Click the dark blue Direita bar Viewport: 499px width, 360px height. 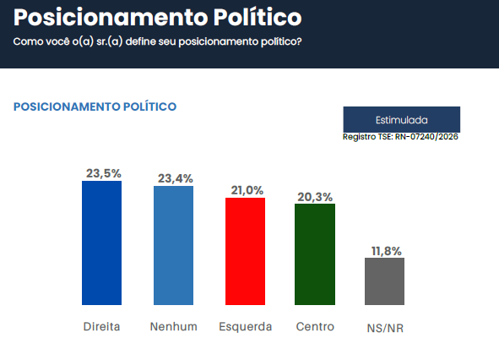pos(101,243)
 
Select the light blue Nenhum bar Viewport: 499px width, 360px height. pos(173,245)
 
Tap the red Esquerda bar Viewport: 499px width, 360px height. pos(245,251)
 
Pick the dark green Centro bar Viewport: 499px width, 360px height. pos(315,254)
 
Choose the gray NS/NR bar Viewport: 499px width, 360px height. pos(384,281)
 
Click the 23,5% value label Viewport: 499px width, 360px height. pos(103,173)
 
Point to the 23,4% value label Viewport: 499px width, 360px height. pos(175,178)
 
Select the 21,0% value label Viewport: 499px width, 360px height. pos(247,190)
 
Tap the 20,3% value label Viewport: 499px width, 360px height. pos(315,196)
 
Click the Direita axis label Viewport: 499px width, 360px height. pos(101,327)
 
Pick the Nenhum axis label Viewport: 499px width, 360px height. pos(173,327)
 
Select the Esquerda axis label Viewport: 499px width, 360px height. pos(245,327)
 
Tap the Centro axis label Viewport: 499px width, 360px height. pos(315,327)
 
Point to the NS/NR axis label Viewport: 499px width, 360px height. pos(385,328)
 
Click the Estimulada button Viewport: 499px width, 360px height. pos(401,119)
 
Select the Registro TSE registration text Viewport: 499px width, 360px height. pos(400,137)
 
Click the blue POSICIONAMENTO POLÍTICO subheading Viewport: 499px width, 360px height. pos(95,106)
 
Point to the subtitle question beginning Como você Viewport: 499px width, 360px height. pos(157,41)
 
